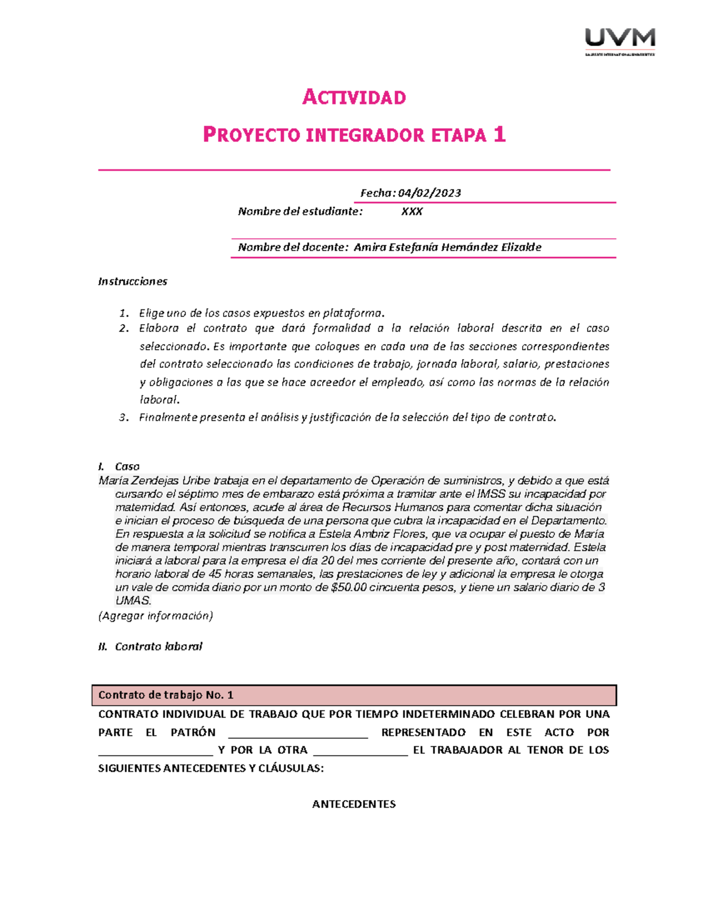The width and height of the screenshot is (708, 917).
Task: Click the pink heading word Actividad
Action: point(354,97)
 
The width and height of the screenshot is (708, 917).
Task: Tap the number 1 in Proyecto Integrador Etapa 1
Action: point(500,135)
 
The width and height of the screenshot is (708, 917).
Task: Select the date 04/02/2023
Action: point(430,193)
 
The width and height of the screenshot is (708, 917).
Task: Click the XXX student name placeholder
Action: point(412,211)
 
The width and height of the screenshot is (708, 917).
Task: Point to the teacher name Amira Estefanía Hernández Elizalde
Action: point(447,247)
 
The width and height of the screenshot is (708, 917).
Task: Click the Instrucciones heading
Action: point(133,282)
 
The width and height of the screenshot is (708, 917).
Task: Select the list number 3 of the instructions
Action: point(123,417)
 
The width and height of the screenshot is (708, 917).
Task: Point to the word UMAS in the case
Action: point(133,601)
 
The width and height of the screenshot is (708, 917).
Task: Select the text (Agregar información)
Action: point(155,616)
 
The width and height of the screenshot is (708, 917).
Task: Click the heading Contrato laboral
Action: point(158,647)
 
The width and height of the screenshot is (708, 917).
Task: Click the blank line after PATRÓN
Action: point(298,733)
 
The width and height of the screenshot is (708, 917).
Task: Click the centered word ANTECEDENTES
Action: point(354,804)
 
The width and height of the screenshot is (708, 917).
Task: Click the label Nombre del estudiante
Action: point(300,211)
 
